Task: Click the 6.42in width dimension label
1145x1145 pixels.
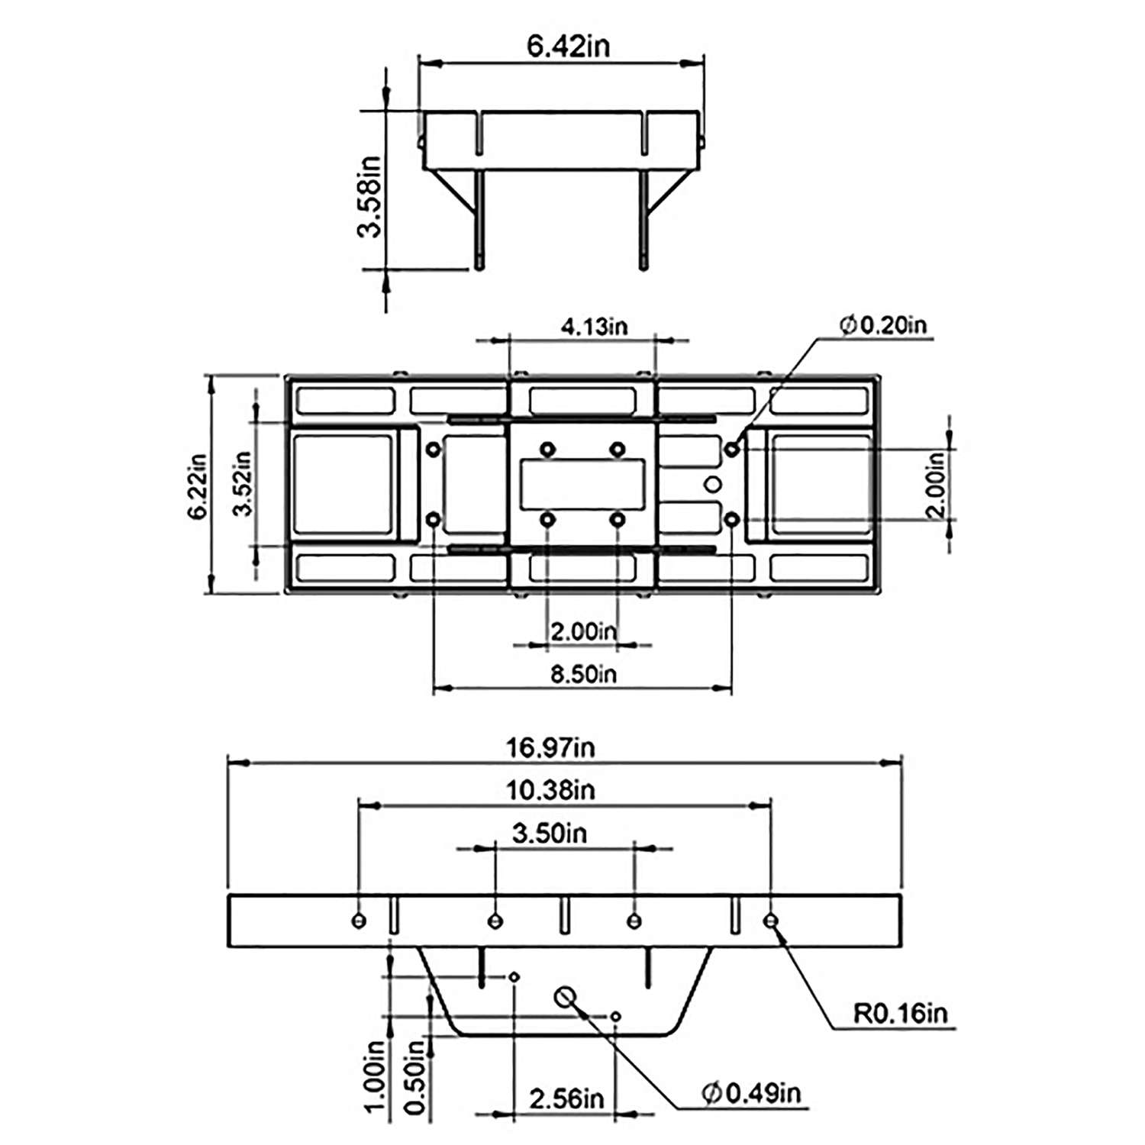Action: pos(569,46)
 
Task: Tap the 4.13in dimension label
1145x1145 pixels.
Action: pos(594,327)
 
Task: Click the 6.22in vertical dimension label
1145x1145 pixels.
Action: pos(198,487)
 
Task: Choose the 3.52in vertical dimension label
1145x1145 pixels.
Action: pos(243,483)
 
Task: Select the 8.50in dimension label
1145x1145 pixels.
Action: pos(583,674)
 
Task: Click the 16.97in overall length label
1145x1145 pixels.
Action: pos(550,747)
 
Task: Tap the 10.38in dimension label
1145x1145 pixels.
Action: pos(550,790)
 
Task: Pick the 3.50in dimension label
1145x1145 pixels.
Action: pos(550,833)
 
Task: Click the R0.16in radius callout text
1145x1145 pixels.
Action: pos(900,1013)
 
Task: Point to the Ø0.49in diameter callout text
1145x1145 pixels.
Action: pos(751,1093)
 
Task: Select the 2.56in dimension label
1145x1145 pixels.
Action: pos(566,1099)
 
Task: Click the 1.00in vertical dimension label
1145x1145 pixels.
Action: pos(375,1077)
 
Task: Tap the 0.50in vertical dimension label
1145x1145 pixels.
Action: pos(414,1077)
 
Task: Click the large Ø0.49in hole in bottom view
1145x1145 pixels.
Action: pos(565,996)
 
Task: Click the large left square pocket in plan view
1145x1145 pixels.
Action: pos(343,484)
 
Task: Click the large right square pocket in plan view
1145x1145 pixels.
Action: pos(821,484)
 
